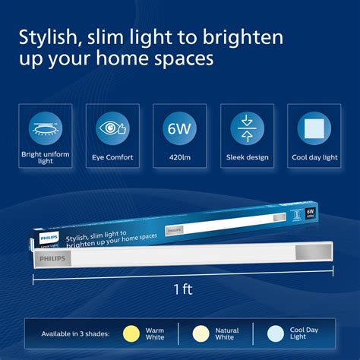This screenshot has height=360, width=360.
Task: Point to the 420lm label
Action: point(180,158)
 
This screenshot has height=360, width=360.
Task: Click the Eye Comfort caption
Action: point(112,158)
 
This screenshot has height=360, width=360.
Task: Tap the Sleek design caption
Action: point(247,158)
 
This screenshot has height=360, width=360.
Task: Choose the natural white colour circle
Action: point(201,331)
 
